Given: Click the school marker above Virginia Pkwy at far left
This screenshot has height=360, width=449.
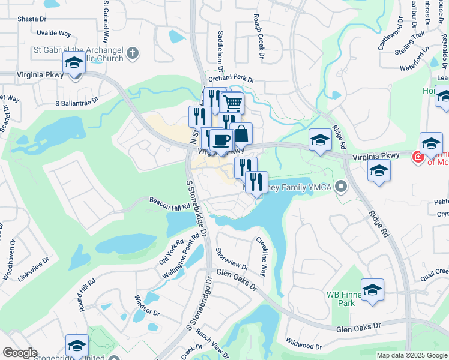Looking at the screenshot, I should (x=74, y=62).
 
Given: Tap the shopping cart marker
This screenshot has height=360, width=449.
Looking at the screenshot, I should (x=233, y=103).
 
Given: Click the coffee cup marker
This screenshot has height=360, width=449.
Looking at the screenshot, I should (x=221, y=140).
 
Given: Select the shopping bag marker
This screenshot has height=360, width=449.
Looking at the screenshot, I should (x=241, y=134).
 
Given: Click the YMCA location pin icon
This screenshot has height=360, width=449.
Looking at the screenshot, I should (x=342, y=187).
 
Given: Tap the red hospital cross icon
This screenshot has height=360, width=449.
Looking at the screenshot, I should (x=417, y=157).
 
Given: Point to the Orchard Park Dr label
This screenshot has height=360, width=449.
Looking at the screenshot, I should (x=231, y=79).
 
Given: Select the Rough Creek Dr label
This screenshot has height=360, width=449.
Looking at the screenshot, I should (x=259, y=37).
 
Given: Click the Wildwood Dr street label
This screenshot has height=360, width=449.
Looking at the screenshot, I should (x=304, y=346).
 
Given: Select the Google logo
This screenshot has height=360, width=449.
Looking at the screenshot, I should (x=20, y=353).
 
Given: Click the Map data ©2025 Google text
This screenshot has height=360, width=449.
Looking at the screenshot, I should (x=412, y=355).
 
